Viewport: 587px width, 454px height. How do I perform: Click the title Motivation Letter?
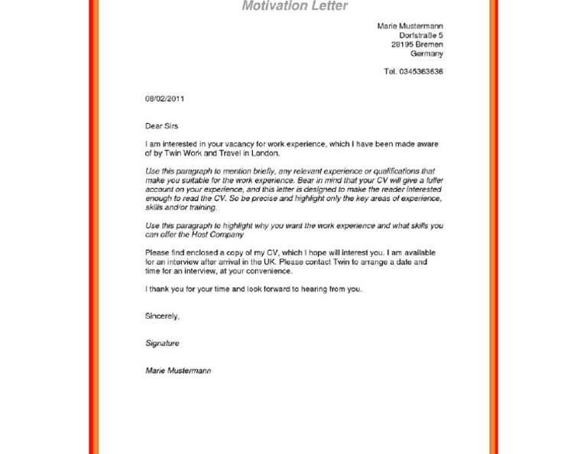294,6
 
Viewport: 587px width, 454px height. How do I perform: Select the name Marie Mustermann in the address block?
410,26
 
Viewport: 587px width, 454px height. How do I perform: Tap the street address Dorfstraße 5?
420,35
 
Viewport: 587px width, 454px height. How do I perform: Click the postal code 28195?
402,44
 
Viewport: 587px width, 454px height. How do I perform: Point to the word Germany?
426,54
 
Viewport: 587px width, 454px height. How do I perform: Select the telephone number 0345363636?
420,72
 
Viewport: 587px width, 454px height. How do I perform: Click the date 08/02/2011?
164,99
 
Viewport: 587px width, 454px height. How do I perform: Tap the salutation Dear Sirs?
161,126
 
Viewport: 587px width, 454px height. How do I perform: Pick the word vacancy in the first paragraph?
232,144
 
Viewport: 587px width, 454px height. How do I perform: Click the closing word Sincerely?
162,316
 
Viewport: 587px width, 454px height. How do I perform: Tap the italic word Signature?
162,343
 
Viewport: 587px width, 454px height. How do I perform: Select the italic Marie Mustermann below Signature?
178,371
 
